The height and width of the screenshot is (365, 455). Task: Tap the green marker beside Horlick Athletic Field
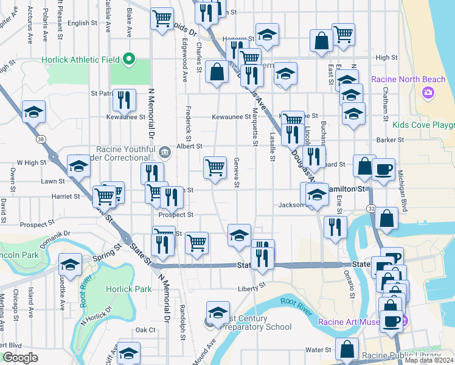pyautogui.click(x=128, y=59)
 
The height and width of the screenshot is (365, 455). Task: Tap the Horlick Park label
pyautogui.click(x=128, y=289)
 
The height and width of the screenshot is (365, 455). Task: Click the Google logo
pyautogui.click(x=21, y=358)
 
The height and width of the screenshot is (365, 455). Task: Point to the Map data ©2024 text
pyautogui.click(x=429, y=360)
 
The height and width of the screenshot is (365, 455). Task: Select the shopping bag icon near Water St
pyautogui.click(x=347, y=349)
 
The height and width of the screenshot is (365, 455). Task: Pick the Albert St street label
pyautogui.click(x=189, y=147)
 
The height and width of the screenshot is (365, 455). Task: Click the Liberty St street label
pyautogui.click(x=252, y=285)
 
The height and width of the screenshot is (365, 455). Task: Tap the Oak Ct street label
pyautogui.click(x=145, y=330)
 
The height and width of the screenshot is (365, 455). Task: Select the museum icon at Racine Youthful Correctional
pyautogui.click(x=164, y=151)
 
